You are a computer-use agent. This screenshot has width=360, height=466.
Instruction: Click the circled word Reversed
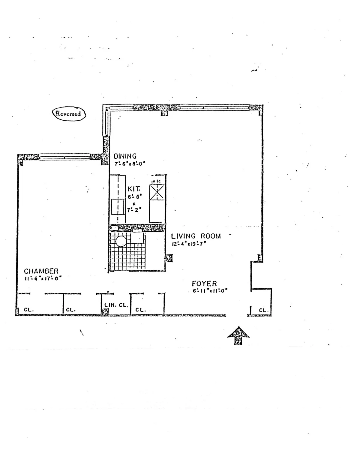[69, 114]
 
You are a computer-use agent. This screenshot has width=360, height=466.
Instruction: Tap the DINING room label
[125, 156]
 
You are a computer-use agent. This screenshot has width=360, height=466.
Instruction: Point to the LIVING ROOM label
[196, 236]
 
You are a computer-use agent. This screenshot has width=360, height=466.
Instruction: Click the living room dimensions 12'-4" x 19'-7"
[188, 244]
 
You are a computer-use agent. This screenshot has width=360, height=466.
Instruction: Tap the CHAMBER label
[41, 271]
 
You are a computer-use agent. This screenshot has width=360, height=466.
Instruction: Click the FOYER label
[204, 284]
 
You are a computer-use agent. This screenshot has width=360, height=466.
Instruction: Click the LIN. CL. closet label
[116, 305]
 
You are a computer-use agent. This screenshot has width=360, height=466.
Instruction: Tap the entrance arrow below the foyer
[238, 335]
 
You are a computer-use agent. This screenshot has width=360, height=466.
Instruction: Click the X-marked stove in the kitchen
[157, 192]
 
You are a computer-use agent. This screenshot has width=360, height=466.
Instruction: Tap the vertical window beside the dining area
[106, 123]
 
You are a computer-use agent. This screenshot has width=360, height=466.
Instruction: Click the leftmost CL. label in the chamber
[28, 310]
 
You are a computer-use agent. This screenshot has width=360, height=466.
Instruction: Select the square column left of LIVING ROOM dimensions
[169, 258]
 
